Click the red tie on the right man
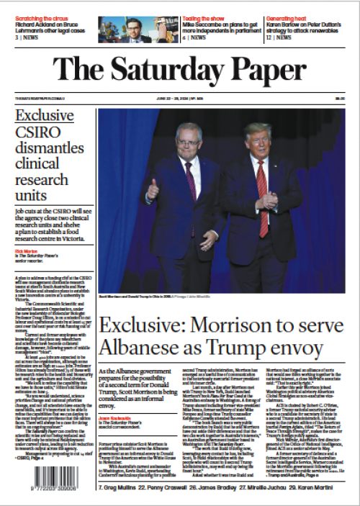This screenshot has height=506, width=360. pos(261,188)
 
